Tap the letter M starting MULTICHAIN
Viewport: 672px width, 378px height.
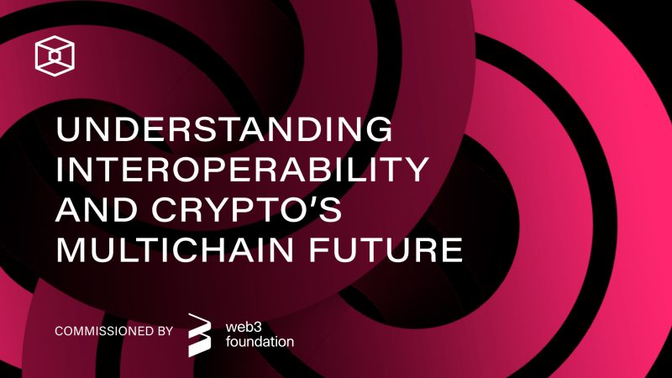click(71, 252)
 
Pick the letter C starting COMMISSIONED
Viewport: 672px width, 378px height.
click(58, 330)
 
